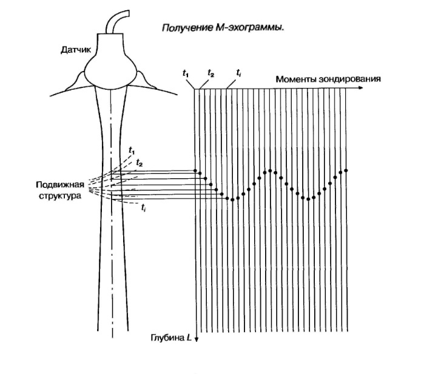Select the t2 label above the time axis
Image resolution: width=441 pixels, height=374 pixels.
pyautogui.click(x=210, y=73)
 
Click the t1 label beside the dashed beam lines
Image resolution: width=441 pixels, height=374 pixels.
pyautogui.click(x=132, y=149)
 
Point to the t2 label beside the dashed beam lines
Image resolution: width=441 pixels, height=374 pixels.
pyautogui.click(x=140, y=163)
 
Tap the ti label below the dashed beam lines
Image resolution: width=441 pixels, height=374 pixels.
pyautogui.click(x=143, y=208)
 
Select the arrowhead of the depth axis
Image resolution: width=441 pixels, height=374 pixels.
pyautogui.click(x=197, y=340)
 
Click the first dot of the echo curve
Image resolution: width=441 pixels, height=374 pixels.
pyautogui.click(x=195, y=171)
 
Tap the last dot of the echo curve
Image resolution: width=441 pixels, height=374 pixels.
pyautogui.click(x=346, y=170)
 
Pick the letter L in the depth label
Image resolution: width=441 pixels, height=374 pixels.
pyautogui.click(x=190, y=337)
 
